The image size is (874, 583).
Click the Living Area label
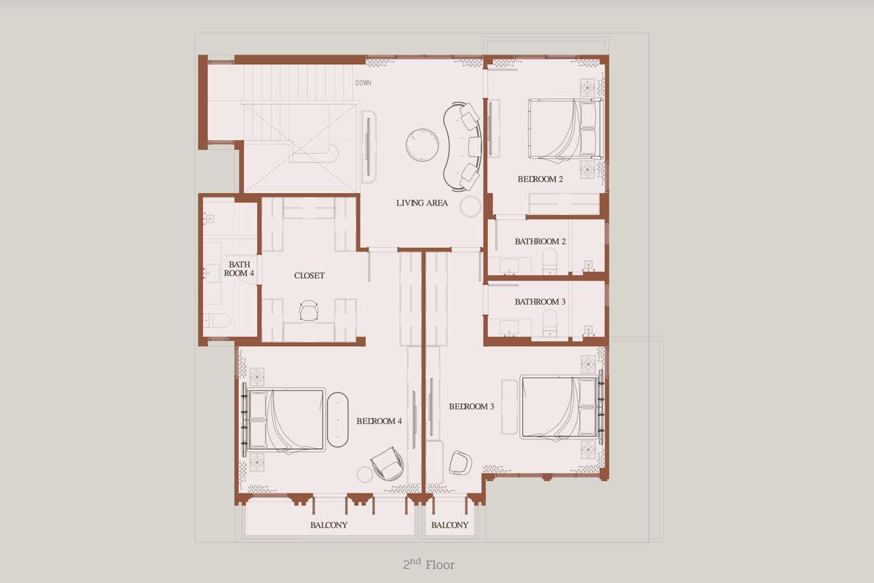click(422, 203)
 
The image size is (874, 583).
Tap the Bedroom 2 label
click(540, 179)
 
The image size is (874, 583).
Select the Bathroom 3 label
click(540, 302)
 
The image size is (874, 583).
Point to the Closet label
click(309, 275)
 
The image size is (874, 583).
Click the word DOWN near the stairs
click(363, 83)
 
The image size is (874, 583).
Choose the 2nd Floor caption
click(429, 564)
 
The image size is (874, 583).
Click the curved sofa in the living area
click(462, 146)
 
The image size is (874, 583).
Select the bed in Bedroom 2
click(565, 129)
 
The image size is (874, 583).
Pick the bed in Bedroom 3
click(561, 407)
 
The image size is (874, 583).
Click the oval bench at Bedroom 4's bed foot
click(337, 419)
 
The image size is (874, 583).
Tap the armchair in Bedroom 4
click(387, 464)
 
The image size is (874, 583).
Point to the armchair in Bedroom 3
click(460, 463)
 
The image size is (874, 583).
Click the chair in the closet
click(309, 310)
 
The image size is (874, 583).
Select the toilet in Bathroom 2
click(550, 261)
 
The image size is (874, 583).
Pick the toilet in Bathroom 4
click(216, 321)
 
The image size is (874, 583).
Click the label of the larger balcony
click(328, 525)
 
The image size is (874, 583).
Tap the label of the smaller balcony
click(449, 525)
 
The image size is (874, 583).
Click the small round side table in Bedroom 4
click(365, 474)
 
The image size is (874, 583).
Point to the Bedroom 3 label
click(471, 407)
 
